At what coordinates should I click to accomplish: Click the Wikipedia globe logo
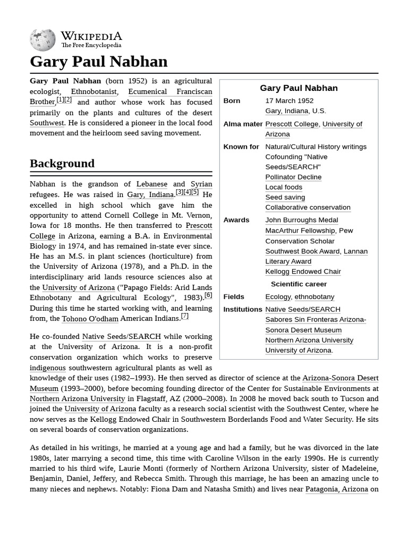pos(43,39)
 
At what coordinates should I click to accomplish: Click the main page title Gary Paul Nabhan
pos(99,62)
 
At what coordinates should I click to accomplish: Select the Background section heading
pos(62,164)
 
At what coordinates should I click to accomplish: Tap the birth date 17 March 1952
pos(289,100)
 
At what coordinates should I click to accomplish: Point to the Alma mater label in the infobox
pos(243,124)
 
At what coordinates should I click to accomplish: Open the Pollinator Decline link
pos(293,177)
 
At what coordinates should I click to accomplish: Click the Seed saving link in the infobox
pos(285,197)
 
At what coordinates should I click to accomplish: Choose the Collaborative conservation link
pos(308,207)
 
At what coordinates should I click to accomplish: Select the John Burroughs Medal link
pos(301,220)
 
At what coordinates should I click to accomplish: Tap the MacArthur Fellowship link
pos(300,231)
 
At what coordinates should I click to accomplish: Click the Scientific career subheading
pos(299,284)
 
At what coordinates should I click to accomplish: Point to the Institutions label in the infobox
pos(243,309)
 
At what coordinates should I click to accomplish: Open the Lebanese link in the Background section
pos(151,184)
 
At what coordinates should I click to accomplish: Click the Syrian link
pos(201,184)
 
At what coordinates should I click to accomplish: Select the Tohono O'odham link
pos(90,319)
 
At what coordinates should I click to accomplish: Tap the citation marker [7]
pos(184,316)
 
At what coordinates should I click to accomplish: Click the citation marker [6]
pos(208,295)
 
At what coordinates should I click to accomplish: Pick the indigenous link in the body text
pos(48,368)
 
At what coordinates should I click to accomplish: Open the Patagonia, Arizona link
pos(336,489)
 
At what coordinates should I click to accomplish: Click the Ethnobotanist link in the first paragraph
pos(93,91)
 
